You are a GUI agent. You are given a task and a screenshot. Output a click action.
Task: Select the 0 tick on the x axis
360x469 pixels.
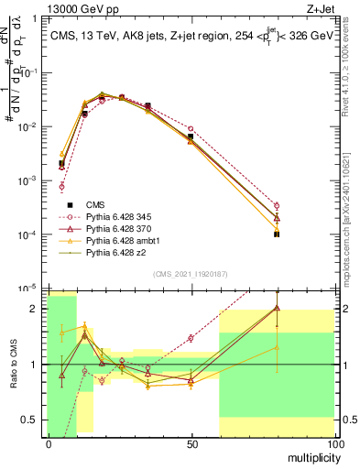click(48, 444)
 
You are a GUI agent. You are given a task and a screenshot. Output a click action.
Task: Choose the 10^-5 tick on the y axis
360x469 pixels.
click(33, 288)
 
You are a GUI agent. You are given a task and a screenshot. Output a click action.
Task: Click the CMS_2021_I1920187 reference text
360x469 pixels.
click(191, 273)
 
